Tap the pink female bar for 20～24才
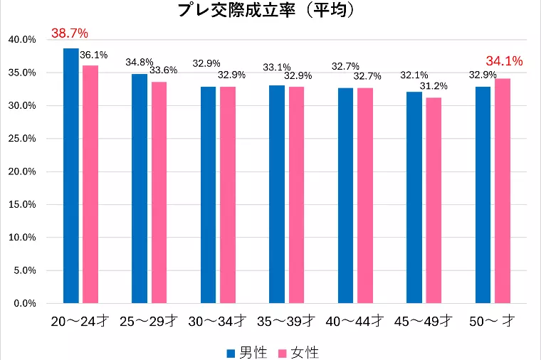90,184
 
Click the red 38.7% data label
69,33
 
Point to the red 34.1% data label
504,61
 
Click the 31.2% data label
434,86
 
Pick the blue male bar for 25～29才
140,189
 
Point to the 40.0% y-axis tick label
21,40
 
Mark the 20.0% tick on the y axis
21,171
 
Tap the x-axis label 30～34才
218,322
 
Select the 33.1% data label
275,68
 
